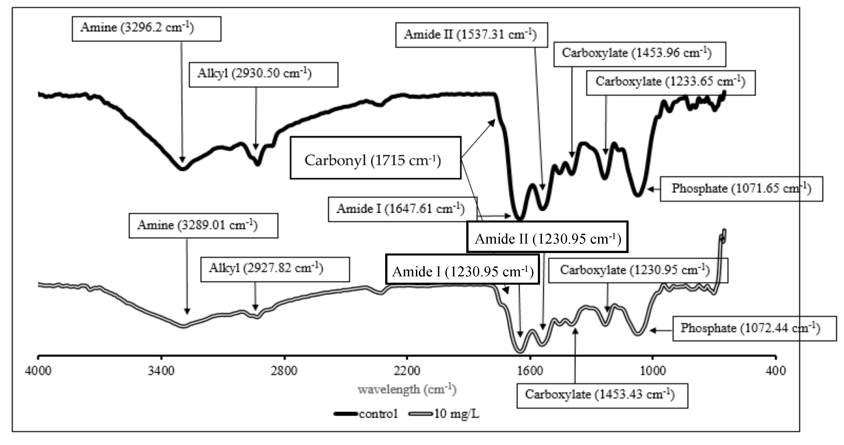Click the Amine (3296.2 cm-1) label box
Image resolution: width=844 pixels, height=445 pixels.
pyautogui.click(x=146, y=29)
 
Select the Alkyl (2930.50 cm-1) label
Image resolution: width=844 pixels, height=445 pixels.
pyautogui.click(x=263, y=75)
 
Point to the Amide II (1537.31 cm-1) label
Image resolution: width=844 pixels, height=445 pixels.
pyautogui.click(x=471, y=35)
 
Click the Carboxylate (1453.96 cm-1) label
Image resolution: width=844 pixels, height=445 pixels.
pyautogui.click(x=640, y=54)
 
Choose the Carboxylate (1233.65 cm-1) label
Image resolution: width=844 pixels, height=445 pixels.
pyautogui.click(x=671, y=83)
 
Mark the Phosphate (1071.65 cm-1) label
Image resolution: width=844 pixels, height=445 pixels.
pyautogui.click(x=741, y=189)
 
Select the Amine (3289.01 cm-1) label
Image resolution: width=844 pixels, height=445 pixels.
pyautogui.click(x=203, y=226)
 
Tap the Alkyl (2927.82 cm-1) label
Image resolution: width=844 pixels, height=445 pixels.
pyautogui.click(x=275, y=269)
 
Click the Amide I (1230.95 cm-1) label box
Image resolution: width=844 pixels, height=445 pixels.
pyautogui.click(x=462, y=269)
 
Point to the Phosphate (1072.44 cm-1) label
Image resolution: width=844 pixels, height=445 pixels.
pyautogui.click(x=754, y=328)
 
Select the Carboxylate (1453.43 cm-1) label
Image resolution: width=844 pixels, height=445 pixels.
pyautogui.click(x=602, y=396)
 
